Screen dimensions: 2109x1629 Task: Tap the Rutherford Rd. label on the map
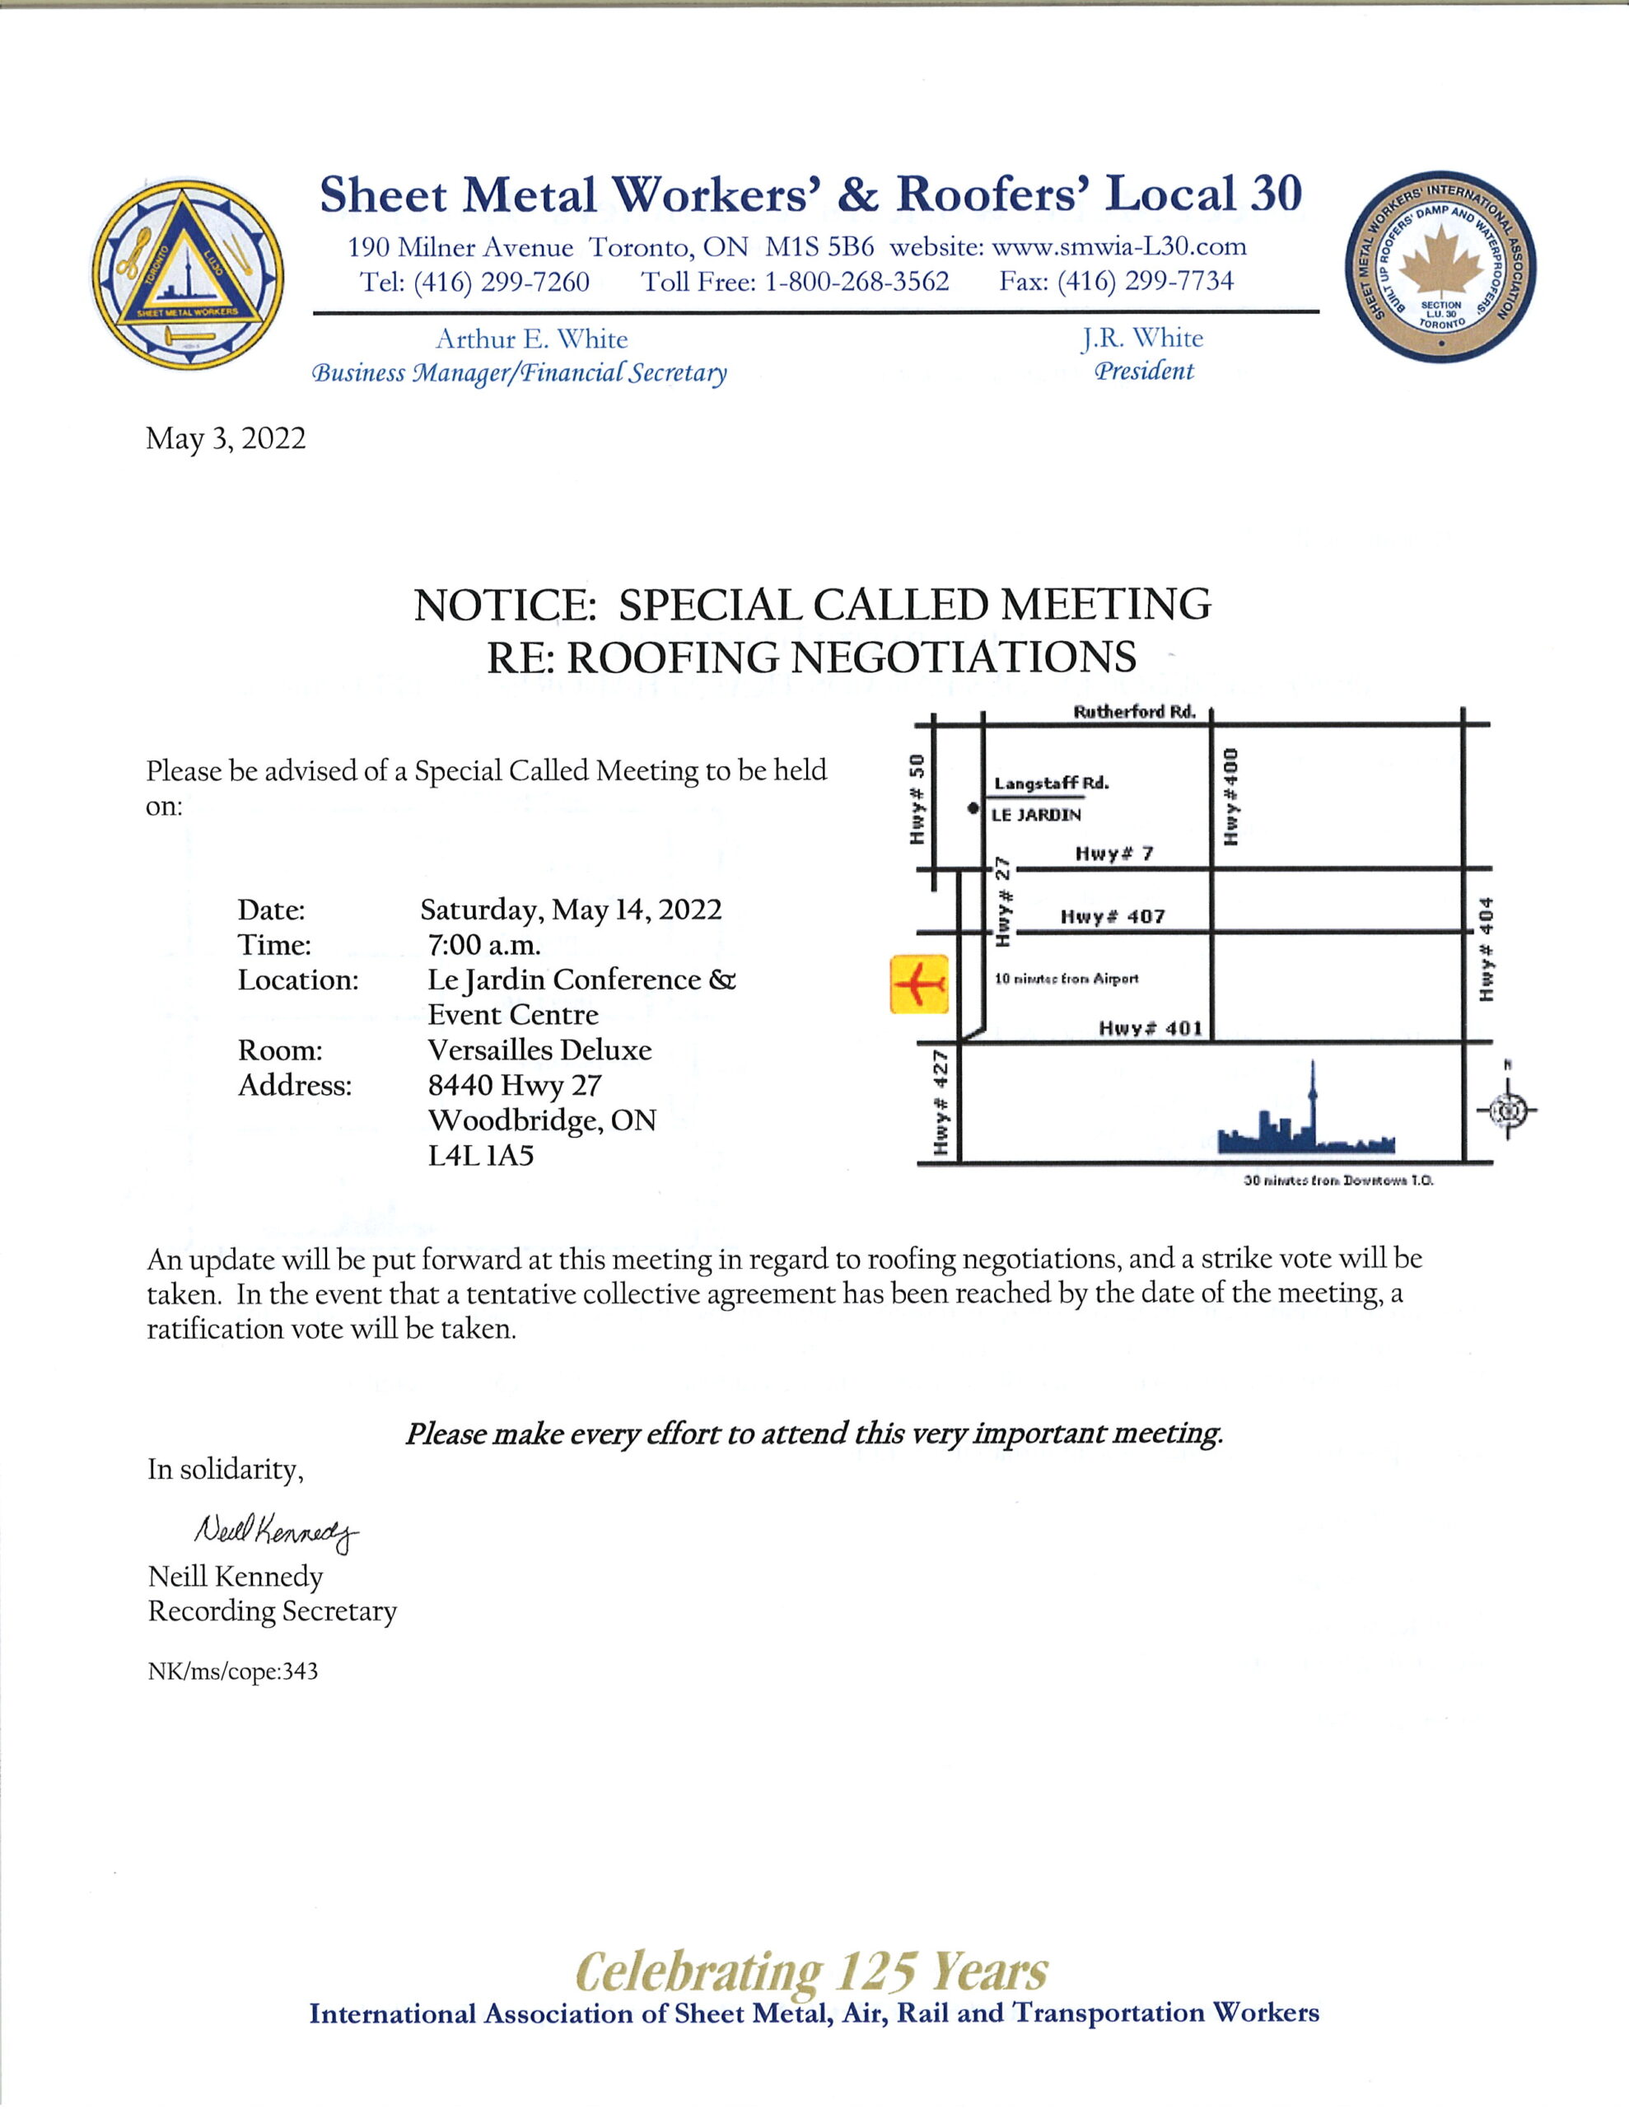1134,713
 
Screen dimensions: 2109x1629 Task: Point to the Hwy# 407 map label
1113,916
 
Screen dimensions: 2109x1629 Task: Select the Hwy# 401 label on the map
1150,1028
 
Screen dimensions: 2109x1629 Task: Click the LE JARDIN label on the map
1037,815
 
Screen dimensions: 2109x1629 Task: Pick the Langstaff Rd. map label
1052,783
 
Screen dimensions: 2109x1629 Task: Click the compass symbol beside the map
1506,1111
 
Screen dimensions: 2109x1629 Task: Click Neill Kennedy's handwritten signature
276,1531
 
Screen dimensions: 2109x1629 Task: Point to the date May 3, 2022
226,438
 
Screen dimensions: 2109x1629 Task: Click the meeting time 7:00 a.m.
483,944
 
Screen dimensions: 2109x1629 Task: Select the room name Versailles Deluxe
539,1050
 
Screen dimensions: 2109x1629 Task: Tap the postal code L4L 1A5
481,1155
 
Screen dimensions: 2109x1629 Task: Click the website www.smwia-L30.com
1119,247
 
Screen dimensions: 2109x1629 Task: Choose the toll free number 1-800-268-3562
857,281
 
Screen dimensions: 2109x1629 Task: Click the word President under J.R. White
1143,372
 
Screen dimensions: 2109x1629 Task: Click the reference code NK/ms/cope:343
233,1672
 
